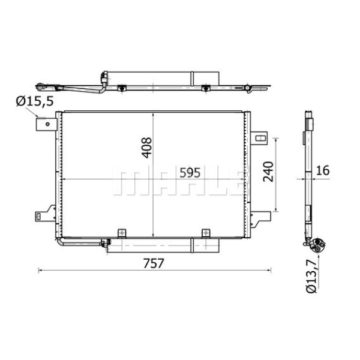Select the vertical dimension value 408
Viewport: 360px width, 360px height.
[x=147, y=148]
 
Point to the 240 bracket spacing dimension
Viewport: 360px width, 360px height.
[x=268, y=172]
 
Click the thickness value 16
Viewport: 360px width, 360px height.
[x=322, y=170]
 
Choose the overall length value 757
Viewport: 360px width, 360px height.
[x=154, y=262]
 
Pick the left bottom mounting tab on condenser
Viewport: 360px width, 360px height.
[x=122, y=232]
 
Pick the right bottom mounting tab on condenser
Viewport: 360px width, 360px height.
[x=206, y=232]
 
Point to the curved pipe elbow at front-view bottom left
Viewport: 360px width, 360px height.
[x=61, y=243]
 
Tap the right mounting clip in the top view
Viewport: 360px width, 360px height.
[x=206, y=89]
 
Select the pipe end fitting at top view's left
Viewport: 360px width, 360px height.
[x=41, y=85]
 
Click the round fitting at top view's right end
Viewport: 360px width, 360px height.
[x=247, y=88]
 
